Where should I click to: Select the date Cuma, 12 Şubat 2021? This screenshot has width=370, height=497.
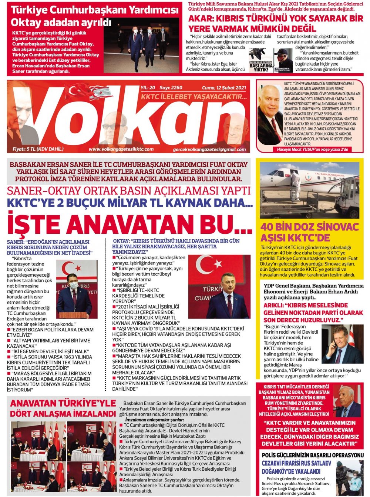pyautogui.click(x=224, y=88)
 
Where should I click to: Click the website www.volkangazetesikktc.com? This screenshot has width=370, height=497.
pyautogui.click(x=121, y=149)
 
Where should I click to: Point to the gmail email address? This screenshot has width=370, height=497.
pyautogui.click(x=209, y=150)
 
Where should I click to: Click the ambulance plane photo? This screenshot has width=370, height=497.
pyautogui.click(x=309, y=190)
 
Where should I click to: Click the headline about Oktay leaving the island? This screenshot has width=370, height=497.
pyautogui.click(x=61, y=16)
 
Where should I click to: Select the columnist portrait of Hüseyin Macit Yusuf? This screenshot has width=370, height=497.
pyautogui.click(x=270, y=115)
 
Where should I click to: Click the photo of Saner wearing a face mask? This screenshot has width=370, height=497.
pyautogui.click(x=77, y=290)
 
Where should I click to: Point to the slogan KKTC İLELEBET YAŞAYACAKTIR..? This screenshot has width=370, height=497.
pyautogui.click(x=194, y=97)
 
